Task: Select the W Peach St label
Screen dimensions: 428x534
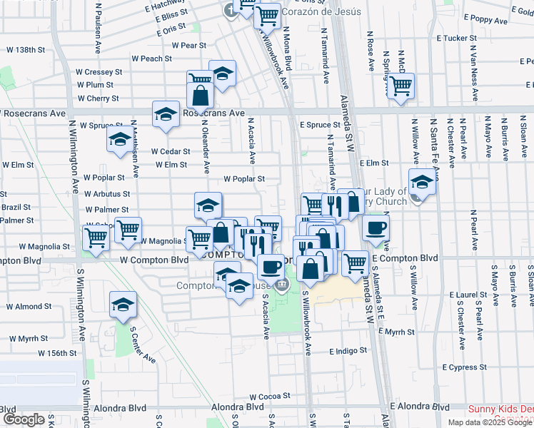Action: (x=151, y=58)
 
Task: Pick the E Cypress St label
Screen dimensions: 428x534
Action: (x=464, y=367)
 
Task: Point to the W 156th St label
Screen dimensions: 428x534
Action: (x=56, y=353)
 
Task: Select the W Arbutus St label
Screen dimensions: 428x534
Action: (x=106, y=194)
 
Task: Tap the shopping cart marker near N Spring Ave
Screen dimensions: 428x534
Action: (x=402, y=86)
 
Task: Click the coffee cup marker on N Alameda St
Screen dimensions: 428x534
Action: (x=376, y=229)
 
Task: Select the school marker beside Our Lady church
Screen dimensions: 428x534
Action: (x=423, y=182)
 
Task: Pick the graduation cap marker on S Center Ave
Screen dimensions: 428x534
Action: (x=123, y=304)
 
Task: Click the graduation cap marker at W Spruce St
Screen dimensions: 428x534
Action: (x=119, y=139)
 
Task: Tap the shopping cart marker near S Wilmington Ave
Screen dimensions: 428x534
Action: (x=96, y=239)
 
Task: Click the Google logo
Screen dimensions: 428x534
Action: (x=24, y=419)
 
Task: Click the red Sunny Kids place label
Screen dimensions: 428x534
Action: (x=500, y=409)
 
